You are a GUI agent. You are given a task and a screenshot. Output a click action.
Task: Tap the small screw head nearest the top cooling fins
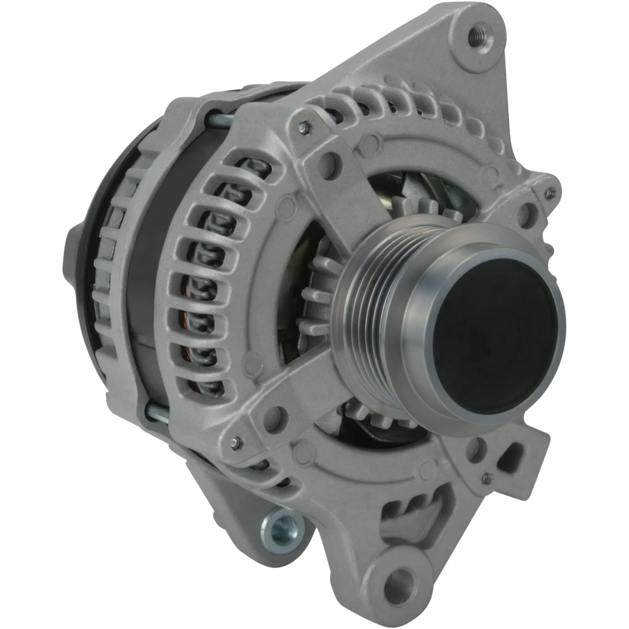(x=304, y=127)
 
